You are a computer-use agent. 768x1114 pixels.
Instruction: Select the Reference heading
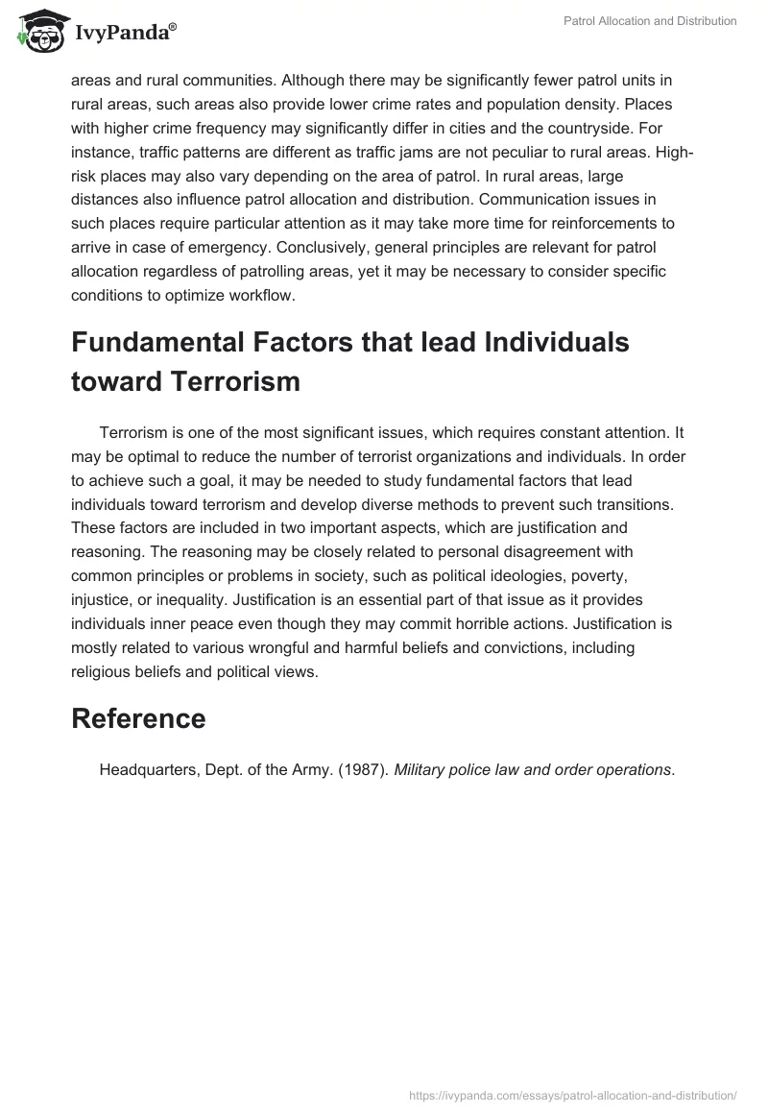pyautogui.click(x=138, y=718)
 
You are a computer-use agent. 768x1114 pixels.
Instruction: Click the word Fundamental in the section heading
pyautogui.click(x=156, y=342)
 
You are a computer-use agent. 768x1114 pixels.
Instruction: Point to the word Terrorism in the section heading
pyautogui.click(x=234, y=381)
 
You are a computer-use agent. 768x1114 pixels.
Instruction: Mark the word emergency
pyautogui.click(x=236, y=248)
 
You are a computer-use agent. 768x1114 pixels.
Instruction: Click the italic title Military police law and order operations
pyautogui.click(x=535, y=768)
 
